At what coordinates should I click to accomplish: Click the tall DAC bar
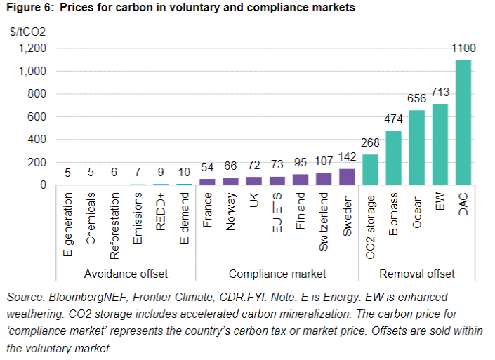pos(463,123)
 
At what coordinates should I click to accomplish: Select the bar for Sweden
pos(348,177)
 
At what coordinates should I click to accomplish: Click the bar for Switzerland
pos(324,179)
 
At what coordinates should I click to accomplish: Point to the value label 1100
pos(463,48)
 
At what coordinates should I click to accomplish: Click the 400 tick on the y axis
pos(37,140)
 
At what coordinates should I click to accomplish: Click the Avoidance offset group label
pos(126,274)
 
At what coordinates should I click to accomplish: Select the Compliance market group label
pos(277,274)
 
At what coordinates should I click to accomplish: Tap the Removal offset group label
pos(417,274)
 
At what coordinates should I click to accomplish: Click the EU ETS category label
pos(277,214)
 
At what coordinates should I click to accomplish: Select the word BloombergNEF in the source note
pos(77,298)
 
